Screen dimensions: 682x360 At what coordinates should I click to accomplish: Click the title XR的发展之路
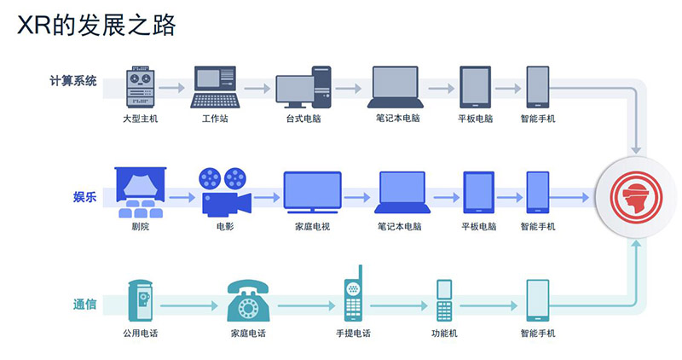[96, 25]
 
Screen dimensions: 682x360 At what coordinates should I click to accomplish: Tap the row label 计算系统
[73, 81]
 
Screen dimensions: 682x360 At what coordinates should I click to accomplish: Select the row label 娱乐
[84, 197]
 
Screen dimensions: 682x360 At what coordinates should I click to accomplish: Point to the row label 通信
[84, 304]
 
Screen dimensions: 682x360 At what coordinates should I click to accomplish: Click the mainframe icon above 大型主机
[140, 87]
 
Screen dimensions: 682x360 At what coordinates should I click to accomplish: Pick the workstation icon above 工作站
[216, 87]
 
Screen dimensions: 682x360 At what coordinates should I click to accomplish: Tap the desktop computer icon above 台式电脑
[303, 87]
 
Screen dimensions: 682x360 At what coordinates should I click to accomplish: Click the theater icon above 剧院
[140, 193]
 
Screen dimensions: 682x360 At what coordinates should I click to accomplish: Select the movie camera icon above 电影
[226, 192]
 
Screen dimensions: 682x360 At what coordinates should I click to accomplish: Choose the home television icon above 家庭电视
[312, 193]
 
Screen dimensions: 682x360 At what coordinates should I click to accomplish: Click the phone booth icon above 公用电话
[140, 300]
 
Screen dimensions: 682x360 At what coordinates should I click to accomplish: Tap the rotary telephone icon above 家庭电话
[248, 300]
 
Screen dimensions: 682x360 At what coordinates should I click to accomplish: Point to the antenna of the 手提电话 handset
[360, 273]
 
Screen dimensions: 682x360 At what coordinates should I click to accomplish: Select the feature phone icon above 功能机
[444, 300]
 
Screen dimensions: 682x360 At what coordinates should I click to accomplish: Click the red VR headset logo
[636, 197]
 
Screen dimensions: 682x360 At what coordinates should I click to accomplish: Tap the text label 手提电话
[353, 334]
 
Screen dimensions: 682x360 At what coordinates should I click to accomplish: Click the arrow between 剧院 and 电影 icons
[182, 198]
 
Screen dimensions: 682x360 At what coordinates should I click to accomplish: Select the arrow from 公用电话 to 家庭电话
[189, 305]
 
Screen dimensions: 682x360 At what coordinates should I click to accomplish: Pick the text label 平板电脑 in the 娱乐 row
[479, 226]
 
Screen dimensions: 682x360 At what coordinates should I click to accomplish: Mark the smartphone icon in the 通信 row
[538, 300]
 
